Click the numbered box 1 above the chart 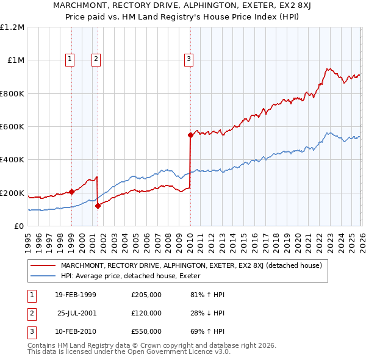70,59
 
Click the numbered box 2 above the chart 96,59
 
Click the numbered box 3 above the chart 188,59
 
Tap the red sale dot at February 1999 72,192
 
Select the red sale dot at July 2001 98,206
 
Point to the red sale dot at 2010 190,135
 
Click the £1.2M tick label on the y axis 12,27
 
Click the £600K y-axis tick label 12,126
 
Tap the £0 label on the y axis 18,226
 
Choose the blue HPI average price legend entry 134,276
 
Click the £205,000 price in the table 146,295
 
